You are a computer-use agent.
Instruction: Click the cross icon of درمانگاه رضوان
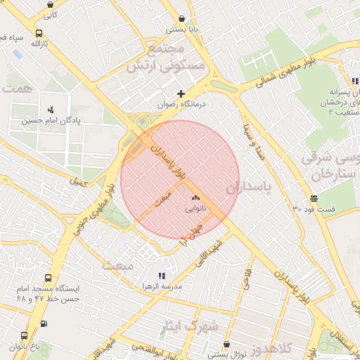point(181,94)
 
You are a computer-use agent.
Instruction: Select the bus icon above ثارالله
point(38,32)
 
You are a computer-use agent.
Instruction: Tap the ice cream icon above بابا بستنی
point(183,19)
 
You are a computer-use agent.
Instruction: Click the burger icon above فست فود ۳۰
point(313,198)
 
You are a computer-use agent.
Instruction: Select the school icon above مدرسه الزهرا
point(162,276)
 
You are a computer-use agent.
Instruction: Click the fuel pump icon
point(44,324)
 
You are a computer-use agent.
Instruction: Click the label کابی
point(51,13)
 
